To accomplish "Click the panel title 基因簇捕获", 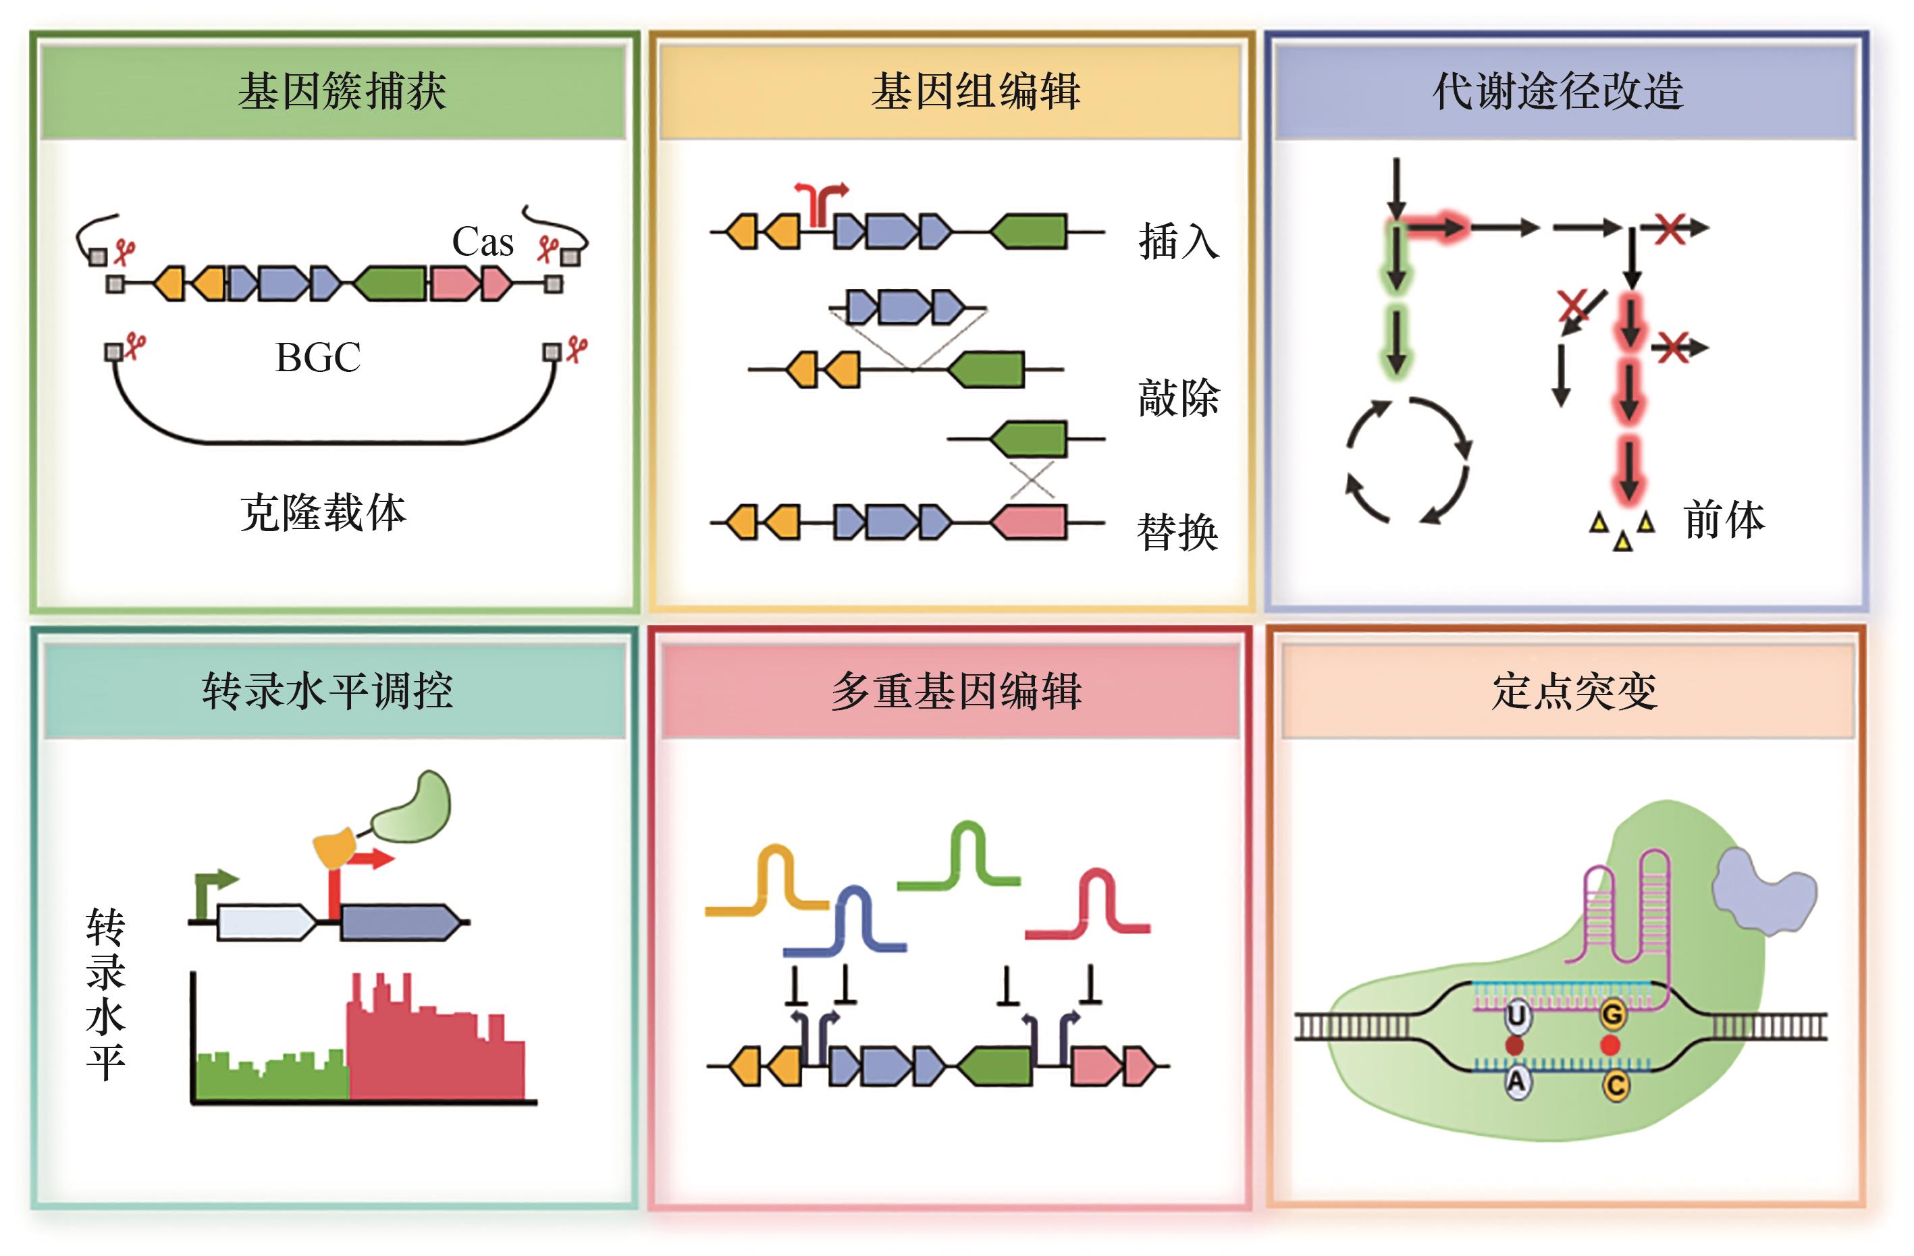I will point(342,91).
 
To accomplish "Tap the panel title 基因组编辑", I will point(975,91).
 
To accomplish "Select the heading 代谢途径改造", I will point(1558,91).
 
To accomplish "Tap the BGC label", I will point(318,358).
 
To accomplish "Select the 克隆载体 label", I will point(323,513).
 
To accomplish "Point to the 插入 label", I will point(1178,241).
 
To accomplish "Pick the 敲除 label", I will point(1178,398).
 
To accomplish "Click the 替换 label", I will point(1177,533).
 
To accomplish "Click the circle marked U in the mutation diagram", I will point(1516,1016).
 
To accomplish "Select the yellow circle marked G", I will point(1612,1016).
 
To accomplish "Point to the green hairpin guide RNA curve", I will point(961,861).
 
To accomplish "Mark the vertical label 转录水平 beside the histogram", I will point(105,995).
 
